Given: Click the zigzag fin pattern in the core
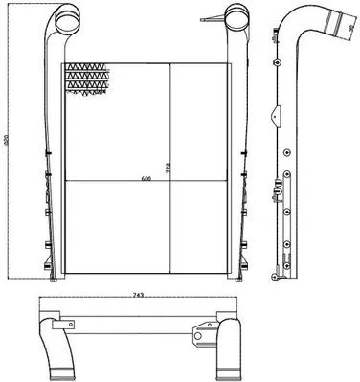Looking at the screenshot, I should pos(85,79).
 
